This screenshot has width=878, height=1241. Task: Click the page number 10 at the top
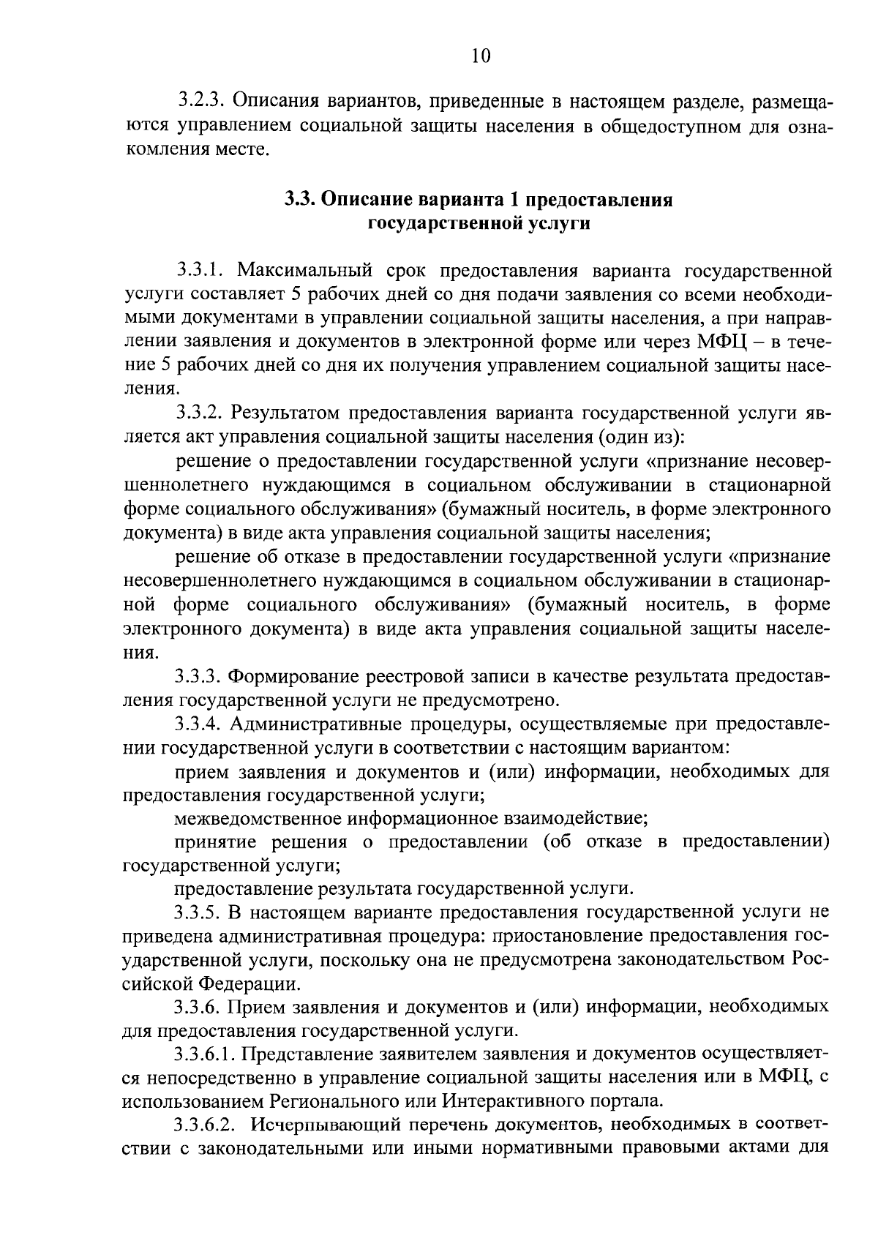(x=481, y=56)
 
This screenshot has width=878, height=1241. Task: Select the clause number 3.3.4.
(x=200, y=724)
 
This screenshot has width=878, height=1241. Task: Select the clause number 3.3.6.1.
(x=207, y=1054)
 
